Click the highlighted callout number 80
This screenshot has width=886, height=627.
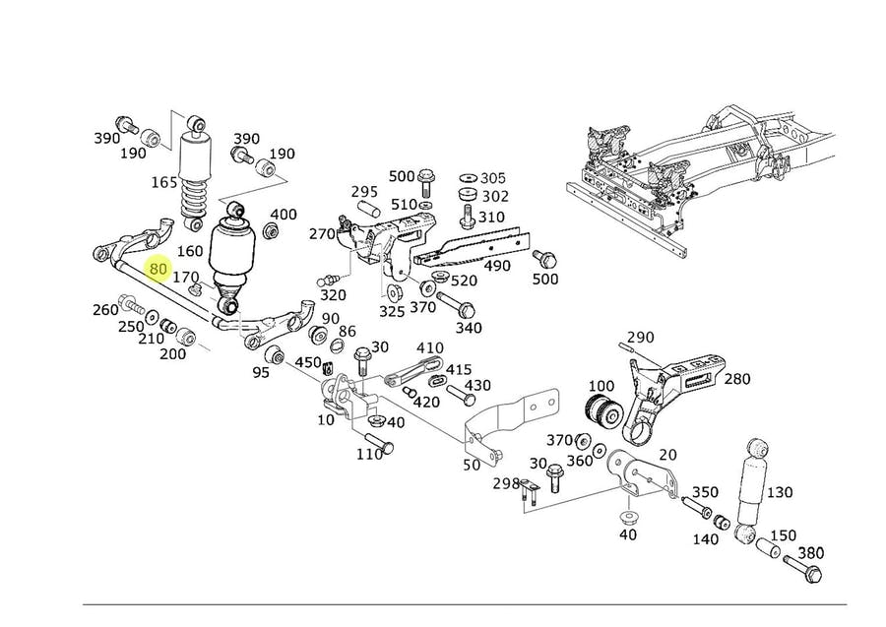tap(158, 268)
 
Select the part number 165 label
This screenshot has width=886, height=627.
tap(164, 182)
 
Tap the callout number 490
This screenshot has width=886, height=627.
tap(497, 266)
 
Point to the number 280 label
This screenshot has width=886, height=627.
tap(737, 379)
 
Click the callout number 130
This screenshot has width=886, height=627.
tap(780, 492)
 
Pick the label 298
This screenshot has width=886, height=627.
tap(505, 483)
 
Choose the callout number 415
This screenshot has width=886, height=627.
tap(460, 369)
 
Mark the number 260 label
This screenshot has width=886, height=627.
tap(105, 310)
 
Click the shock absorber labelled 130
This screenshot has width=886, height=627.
tap(752, 487)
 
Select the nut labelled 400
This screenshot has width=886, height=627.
tap(273, 232)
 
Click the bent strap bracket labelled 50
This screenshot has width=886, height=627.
tap(503, 428)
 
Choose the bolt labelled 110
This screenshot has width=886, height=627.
tap(379, 444)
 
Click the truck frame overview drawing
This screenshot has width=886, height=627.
tap(704, 177)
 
